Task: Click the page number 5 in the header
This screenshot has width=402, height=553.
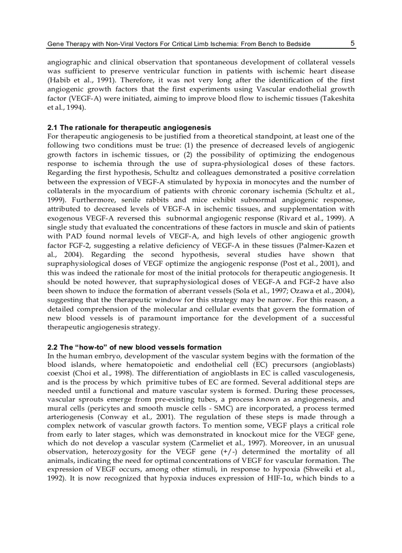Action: click(x=353, y=43)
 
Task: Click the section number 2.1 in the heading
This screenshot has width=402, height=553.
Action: click(x=53, y=128)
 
